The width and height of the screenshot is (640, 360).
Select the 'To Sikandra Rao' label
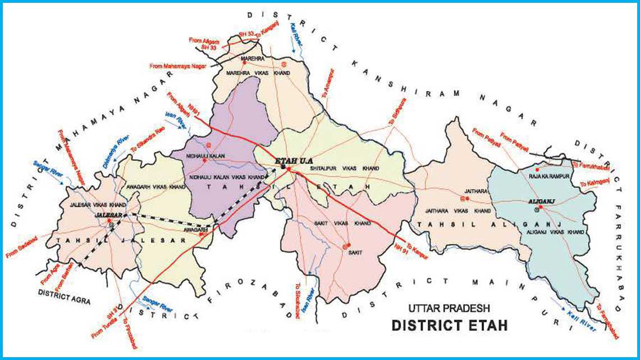(147, 142)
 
